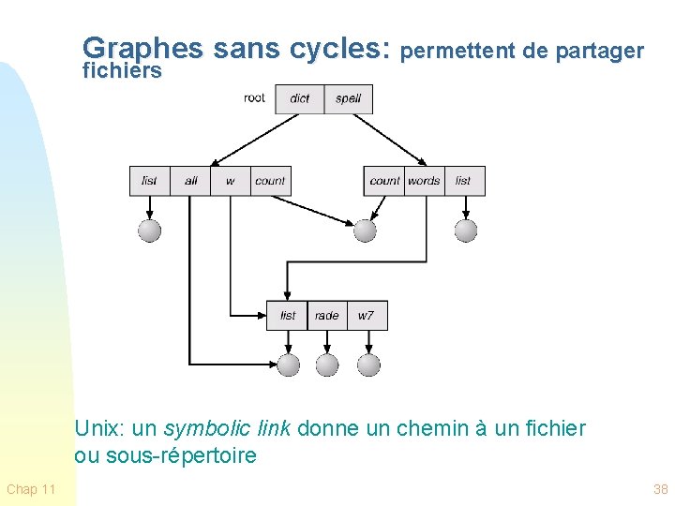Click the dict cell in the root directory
click(x=300, y=98)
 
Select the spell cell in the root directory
click(x=348, y=98)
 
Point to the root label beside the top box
click(x=254, y=97)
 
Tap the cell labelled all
click(x=191, y=181)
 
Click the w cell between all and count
click(x=231, y=181)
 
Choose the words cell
click(x=424, y=181)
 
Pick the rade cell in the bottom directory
click(x=326, y=316)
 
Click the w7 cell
click(x=366, y=316)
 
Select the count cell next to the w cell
click(x=270, y=181)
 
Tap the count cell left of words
click(x=384, y=181)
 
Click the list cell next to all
click(x=150, y=181)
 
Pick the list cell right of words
click(x=463, y=181)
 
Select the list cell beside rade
click(x=288, y=316)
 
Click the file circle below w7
click(x=368, y=365)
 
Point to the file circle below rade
click(x=326, y=365)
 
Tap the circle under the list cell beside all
click(x=150, y=230)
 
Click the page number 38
click(x=660, y=489)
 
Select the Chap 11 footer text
click(x=31, y=489)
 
